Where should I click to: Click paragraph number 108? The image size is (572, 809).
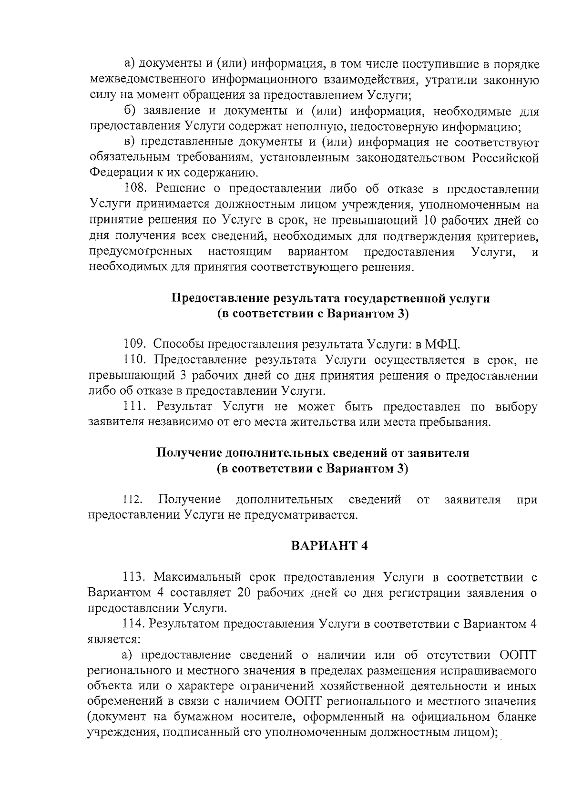(134, 189)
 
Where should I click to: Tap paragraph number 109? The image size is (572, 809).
(134, 344)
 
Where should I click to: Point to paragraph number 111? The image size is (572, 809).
(134, 407)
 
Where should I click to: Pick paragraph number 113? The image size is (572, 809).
(134, 577)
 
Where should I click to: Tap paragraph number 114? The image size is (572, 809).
(134, 624)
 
